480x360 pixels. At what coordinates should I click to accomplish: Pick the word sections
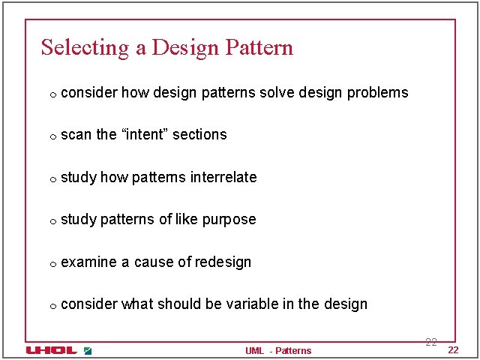click(199, 134)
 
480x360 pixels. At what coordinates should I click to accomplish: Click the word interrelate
click(223, 177)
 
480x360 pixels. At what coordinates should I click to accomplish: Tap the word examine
click(88, 262)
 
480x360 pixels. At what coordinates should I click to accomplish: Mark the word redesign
click(223, 262)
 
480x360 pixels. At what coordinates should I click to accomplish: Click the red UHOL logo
click(51, 350)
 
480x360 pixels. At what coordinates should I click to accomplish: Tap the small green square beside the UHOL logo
click(88, 350)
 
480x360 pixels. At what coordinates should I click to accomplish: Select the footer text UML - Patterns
click(277, 351)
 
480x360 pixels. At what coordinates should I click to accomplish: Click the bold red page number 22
click(453, 351)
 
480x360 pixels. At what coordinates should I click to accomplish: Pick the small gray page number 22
click(431, 342)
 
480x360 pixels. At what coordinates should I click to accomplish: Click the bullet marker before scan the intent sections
click(52, 136)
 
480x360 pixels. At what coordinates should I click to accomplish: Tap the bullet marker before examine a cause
click(52, 264)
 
